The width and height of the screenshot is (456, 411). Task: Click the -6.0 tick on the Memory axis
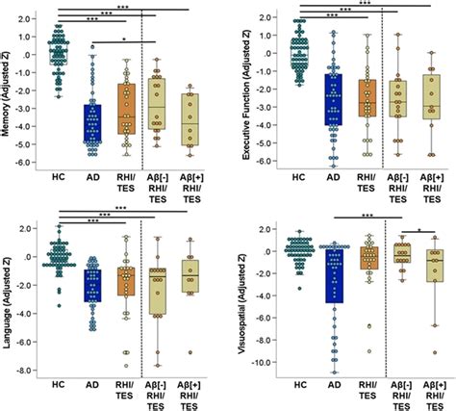coord(28,163)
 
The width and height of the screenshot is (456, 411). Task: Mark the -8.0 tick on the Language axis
coord(29,370)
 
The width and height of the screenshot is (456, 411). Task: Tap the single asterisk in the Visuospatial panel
coord(419,229)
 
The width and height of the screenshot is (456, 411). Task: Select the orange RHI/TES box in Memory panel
coord(125,108)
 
